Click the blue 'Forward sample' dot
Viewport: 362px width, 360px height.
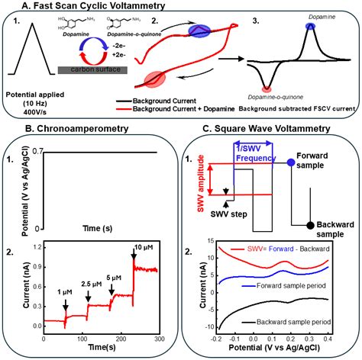pyautogui.click(x=292, y=162)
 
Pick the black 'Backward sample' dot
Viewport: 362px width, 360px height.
pyautogui.click(x=309, y=225)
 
